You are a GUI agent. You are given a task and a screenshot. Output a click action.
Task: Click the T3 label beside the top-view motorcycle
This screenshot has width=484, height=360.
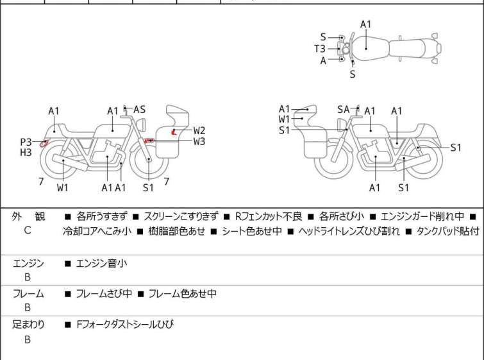319,49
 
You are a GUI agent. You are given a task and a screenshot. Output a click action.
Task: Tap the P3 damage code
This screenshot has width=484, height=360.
26,142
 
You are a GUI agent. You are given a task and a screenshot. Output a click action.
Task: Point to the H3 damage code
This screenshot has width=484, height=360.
26,152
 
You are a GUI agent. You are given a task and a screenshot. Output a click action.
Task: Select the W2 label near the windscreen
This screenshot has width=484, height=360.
199,130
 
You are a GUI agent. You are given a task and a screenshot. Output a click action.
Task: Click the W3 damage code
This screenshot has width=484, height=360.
199,141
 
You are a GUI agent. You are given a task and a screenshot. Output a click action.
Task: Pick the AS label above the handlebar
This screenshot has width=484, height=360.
139,110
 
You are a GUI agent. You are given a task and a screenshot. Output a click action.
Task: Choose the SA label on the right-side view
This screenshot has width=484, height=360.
344,110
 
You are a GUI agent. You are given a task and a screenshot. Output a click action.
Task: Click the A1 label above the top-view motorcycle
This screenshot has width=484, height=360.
365,24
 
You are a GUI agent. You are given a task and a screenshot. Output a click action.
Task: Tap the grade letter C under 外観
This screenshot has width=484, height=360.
28,230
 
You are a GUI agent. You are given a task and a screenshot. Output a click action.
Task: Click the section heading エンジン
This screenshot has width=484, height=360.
28,262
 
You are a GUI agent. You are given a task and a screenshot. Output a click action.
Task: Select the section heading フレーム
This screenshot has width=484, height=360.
28,294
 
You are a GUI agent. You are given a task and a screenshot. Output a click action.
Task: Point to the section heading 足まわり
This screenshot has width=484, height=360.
28,325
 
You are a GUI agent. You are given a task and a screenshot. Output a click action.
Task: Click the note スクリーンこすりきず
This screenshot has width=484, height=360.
181,217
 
